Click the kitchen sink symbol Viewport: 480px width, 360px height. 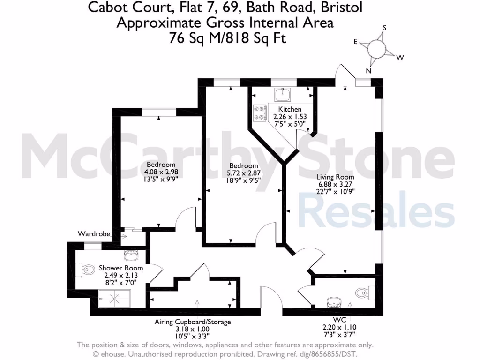click(x=282, y=95)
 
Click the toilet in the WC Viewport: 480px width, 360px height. click(x=363, y=293)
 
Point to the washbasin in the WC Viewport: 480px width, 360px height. click(x=334, y=301)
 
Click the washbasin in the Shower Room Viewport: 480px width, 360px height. click(x=131, y=256)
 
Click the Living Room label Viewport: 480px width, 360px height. click(x=335, y=177)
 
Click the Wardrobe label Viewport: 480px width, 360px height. click(x=94, y=233)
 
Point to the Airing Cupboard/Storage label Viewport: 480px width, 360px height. click(x=193, y=322)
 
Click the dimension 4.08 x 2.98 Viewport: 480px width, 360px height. click(x=161, y=172)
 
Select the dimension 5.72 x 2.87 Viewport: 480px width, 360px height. click(x=243, y=173)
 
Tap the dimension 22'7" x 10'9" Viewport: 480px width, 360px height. click(x=335, y=191)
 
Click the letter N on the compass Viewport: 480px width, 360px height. click(x=368, y=71)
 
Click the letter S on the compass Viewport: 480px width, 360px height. click(x=384, y=28)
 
